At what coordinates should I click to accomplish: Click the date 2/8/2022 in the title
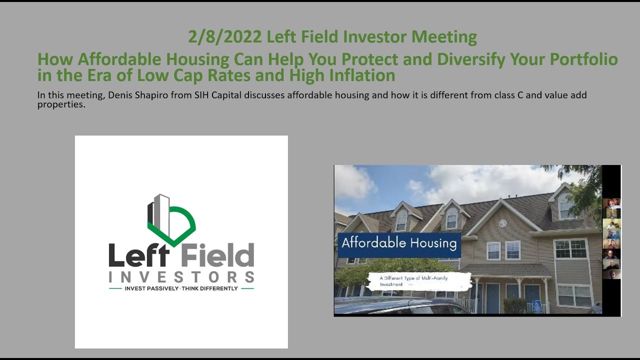coord(225,37)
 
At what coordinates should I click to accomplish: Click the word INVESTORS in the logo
coord(181,276)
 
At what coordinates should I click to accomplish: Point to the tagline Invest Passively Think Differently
coord(181,289)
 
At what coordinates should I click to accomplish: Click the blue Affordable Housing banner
coord(399,244)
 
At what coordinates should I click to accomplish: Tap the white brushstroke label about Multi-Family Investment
coord(419,281)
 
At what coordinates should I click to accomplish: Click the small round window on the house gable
coord(502,223)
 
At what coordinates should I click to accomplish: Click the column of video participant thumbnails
coord(611,238)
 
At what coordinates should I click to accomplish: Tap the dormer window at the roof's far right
coord(565,205)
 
